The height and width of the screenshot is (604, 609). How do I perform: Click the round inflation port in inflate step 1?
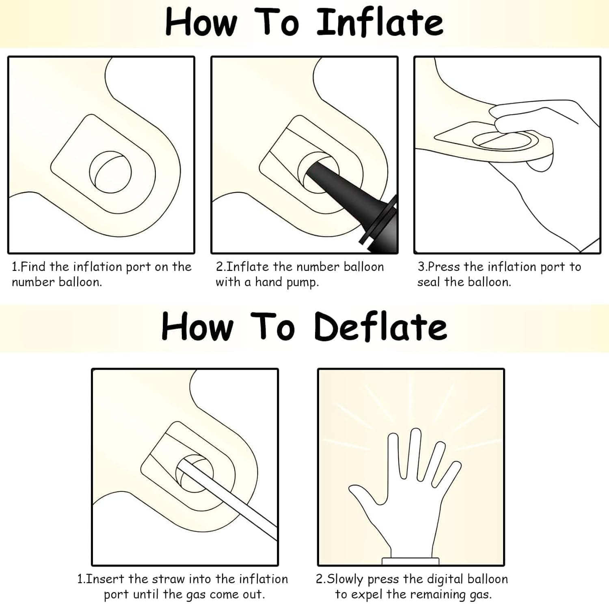coord(110,172)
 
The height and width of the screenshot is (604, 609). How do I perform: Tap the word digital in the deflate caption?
coord(444,579)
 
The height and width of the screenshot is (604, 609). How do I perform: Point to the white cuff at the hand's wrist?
coord(410,561)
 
